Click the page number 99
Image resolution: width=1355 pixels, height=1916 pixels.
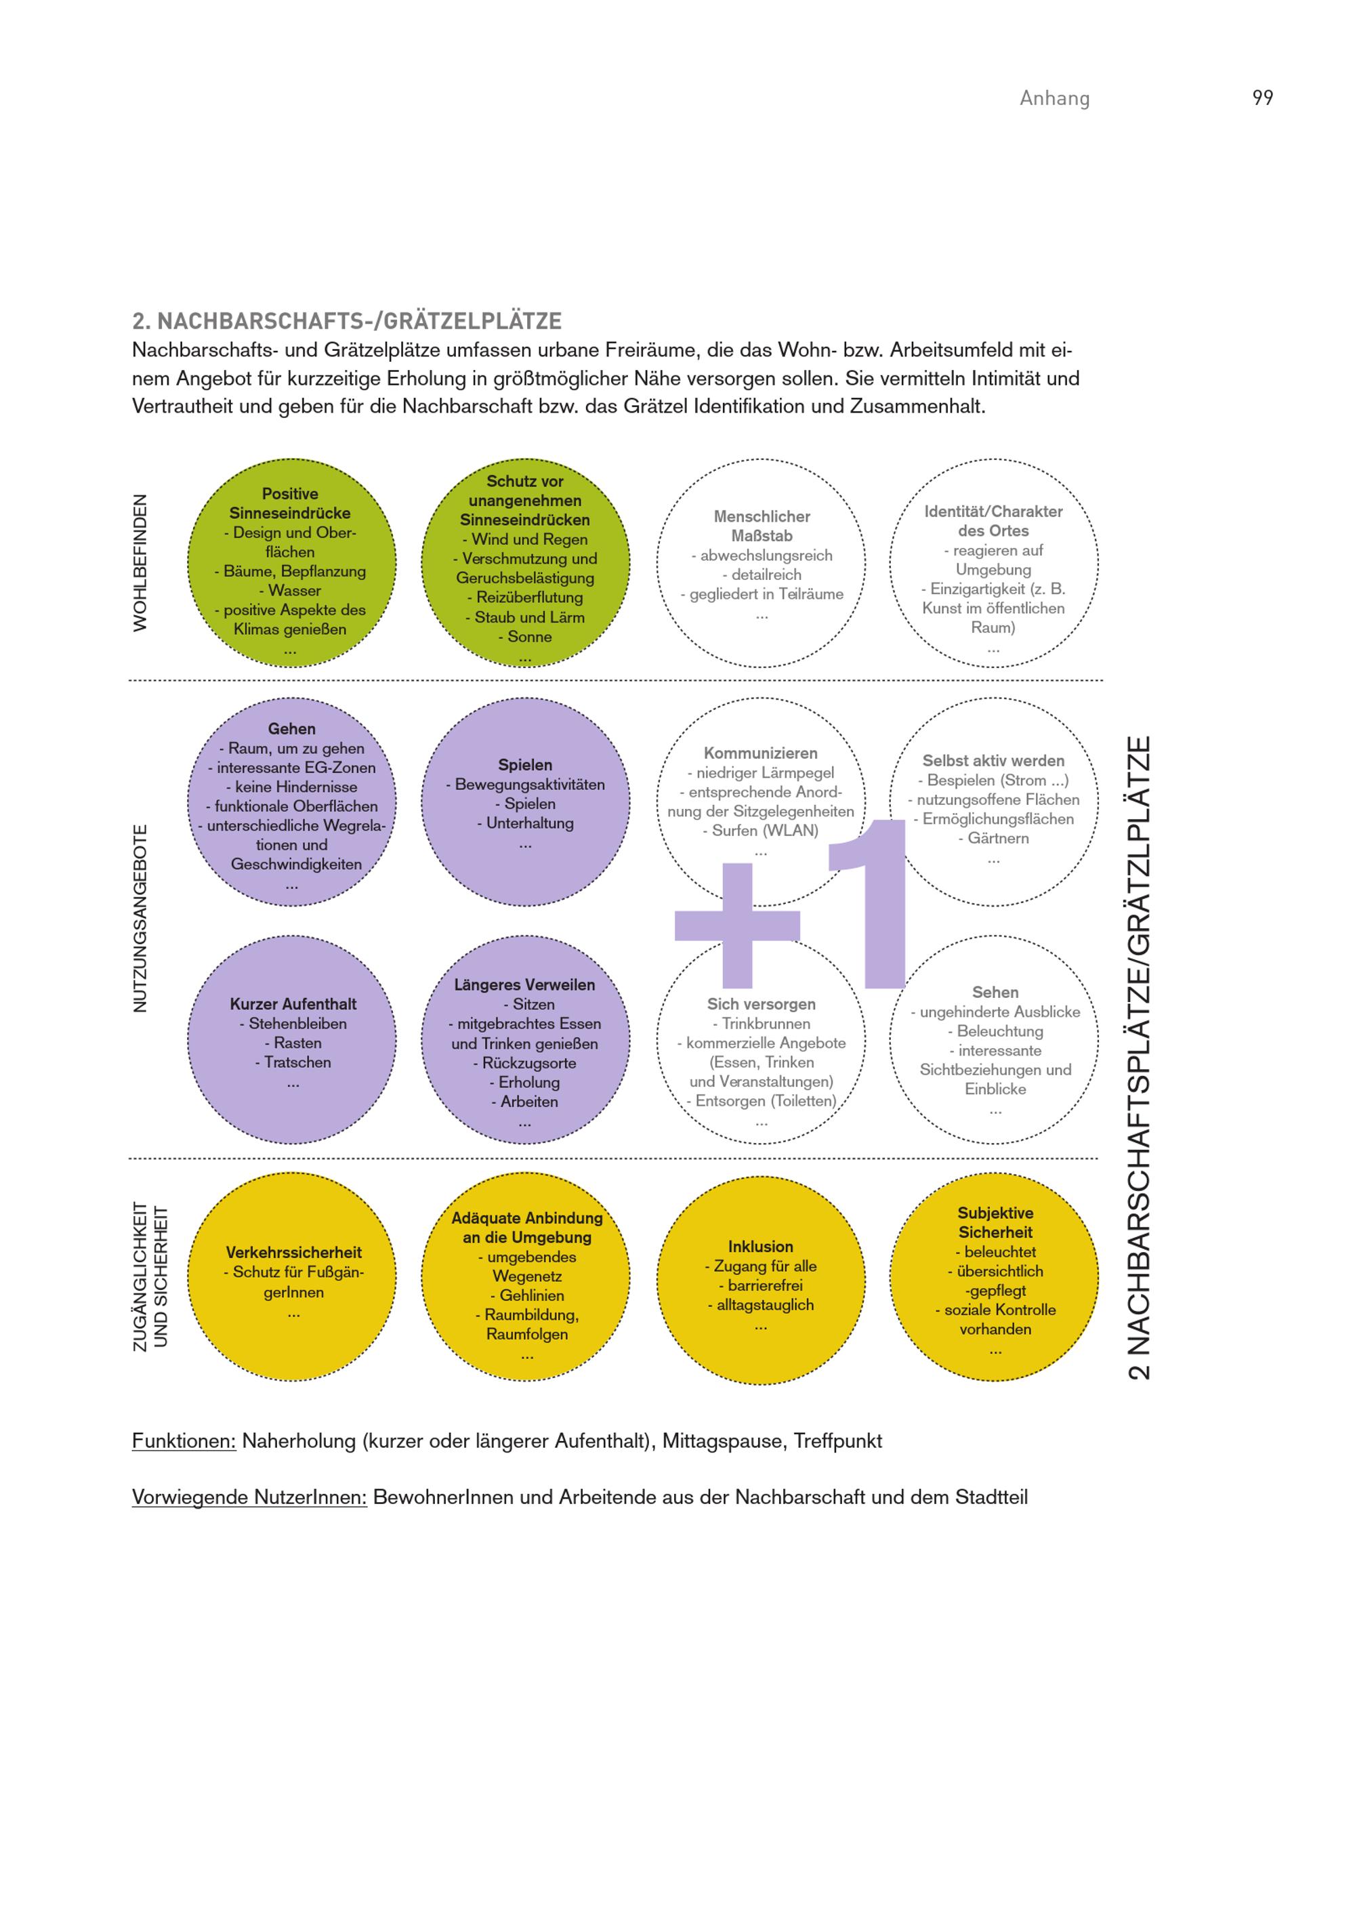point(1262,98)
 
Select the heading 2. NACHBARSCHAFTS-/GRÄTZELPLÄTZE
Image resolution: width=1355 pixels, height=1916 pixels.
point(346,321)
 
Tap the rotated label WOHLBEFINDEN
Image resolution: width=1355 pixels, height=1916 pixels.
point(140,562)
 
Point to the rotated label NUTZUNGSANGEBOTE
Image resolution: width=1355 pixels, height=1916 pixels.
point(140,919)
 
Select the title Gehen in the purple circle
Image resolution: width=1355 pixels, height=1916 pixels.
point(291,728)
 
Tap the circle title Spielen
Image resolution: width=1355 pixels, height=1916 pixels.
point(525,764)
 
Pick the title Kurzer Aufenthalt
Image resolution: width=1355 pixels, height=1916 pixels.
point(293,1004)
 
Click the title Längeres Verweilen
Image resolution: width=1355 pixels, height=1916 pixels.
point(525,984)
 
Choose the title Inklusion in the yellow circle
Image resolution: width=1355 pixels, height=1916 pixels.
point(760,1246)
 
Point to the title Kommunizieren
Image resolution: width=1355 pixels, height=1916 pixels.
point(760,753)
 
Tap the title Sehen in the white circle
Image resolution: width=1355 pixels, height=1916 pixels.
point(995,992)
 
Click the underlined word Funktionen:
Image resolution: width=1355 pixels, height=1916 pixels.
point(184,1441)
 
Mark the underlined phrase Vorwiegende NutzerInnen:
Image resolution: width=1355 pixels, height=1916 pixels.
point(249,1497)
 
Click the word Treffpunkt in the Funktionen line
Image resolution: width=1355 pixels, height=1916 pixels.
point(837,1441)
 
